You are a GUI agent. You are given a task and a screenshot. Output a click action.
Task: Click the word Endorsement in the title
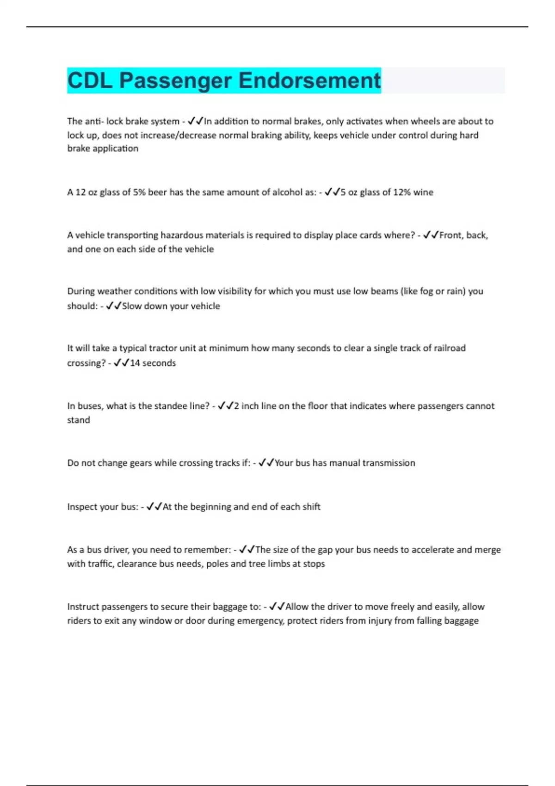click(x=309, y=80)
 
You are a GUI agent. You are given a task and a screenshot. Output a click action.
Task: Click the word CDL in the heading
click(x=90, y=80)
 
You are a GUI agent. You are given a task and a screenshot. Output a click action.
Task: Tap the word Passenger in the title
click(x=175, y=80)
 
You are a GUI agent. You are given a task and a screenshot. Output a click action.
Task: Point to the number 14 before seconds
click(x=135, y=363)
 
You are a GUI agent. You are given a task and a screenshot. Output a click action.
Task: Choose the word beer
click(x=157, y=192)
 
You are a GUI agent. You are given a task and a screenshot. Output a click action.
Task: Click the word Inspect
click(x=86, y=507)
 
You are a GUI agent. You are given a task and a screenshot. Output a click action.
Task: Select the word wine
click(x=423, y=192)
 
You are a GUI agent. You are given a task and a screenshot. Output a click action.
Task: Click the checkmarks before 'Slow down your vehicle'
click(x=114, y=306)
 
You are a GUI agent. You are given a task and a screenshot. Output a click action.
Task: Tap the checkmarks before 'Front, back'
click(x=431, y=235)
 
